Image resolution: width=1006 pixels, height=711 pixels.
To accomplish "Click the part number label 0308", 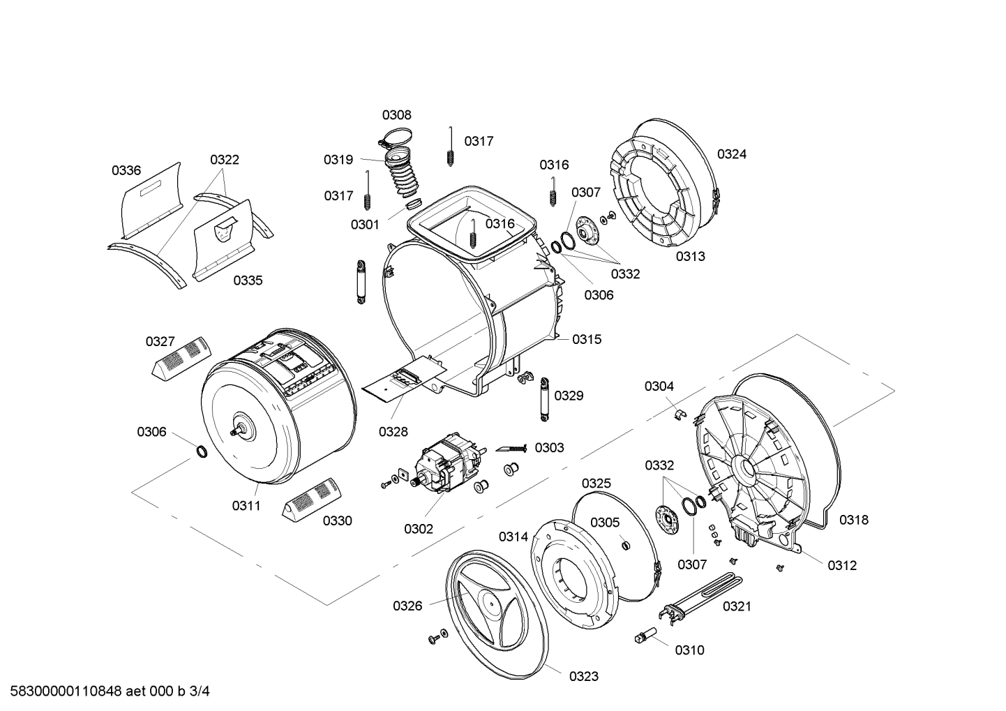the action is pyautogui.click(x=396, y=115).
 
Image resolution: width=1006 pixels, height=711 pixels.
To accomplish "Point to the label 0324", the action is pyautogui.click(x=732, y=154).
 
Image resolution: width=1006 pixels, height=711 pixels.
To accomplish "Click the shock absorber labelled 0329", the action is pyautogui.click(x=544, y=399).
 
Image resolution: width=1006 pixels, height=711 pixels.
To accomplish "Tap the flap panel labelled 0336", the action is pyautogui.click(x=153, y=200).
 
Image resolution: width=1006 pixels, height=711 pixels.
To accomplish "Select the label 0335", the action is pyautogui.click(x=248, y=280).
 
